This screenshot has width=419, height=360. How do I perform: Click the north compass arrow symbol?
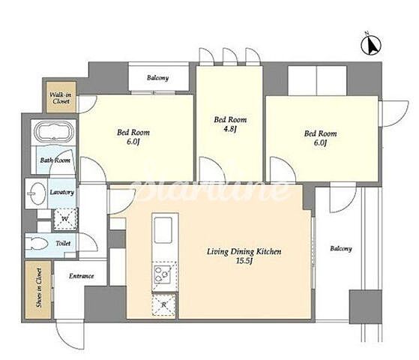371,45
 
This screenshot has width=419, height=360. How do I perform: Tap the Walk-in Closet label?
61,98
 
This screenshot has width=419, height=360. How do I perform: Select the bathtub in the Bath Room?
54,131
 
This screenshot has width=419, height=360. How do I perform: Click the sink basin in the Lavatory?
35,193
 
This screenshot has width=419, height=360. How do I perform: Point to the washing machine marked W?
65,219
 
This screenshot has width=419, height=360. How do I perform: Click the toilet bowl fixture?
37,244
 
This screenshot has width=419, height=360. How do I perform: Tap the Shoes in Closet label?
39,288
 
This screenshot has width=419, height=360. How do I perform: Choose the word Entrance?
82,276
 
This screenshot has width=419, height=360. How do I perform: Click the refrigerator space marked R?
164,305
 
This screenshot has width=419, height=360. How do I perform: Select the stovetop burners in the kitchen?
163,274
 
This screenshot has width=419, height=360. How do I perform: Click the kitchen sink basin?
163,230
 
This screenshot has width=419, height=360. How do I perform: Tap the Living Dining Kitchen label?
244,252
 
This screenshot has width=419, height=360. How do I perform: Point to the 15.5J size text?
244,261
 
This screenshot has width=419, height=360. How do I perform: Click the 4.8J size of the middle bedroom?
230,130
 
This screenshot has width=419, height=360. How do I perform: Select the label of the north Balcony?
157,78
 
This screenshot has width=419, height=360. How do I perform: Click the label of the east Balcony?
341,249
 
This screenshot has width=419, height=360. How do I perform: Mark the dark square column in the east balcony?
366,307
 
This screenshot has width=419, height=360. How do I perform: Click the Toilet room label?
63,244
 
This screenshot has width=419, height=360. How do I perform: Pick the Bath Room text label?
55,160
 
